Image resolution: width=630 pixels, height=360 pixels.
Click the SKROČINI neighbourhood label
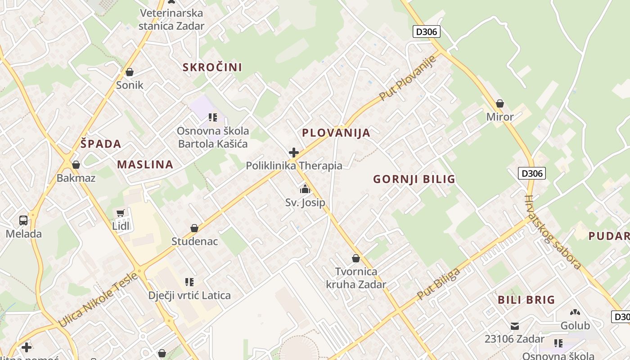tap(212, 67)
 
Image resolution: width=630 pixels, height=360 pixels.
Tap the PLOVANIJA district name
tap(336, 133)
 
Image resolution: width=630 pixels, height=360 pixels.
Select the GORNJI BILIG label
tap(414, 180)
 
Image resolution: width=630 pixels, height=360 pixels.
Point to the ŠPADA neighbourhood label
tap(101, 144)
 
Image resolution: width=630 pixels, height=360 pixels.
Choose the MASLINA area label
tap(145, 164)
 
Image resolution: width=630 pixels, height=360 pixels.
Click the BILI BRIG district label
tap(526, 300)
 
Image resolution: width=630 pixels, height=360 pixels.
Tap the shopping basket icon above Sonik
tap(130, 72)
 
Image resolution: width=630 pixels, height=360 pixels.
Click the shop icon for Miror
tap(499, 104)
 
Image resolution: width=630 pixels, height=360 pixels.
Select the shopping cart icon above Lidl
tap(120, 213)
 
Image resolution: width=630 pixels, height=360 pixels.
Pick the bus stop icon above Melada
tap(23, 220)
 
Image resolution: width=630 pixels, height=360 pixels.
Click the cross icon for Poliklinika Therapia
tap(294, 153)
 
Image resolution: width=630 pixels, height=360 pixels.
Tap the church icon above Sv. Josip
tap(305, 189)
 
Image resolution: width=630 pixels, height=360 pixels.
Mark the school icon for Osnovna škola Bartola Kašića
tap(213, 117)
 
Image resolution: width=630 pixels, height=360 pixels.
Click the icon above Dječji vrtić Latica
tap(189, 282)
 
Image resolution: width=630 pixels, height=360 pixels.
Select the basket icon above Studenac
tap(194, 228)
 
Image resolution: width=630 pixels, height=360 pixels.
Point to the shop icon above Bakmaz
tap(76, 165)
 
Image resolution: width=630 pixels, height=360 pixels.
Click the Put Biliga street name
tap(438, 284)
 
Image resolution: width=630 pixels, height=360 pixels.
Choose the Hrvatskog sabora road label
tap(553, 232)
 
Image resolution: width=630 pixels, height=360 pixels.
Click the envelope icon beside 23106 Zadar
tap(515, 326)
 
